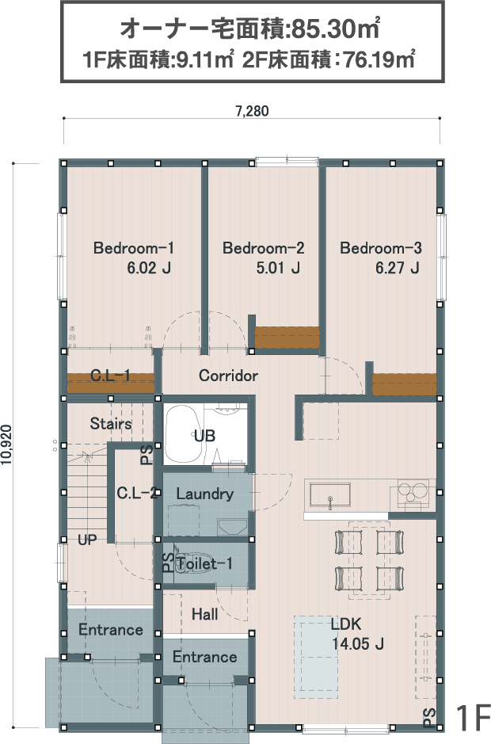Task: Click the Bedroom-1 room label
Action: (x=133, y=248)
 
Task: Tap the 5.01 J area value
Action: (x=278, y=268)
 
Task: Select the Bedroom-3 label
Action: (x=380, y=248)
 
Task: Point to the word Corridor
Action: (x=228, y=376)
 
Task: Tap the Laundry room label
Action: (x=204, y=494)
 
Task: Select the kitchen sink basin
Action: (x=330, y=495)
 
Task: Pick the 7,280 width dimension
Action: (x=252, y=111)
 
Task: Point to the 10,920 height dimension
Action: (x=6, y=445)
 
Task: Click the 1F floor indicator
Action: (x=473, y=718)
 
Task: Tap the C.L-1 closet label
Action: (x=110, y=376)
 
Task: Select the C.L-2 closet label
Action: (x=137, y=494)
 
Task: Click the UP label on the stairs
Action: (x=87, y=540)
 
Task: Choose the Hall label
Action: (x=204, y=615)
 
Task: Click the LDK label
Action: (x=346, y=624)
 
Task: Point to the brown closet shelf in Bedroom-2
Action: (x=287, y=338)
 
